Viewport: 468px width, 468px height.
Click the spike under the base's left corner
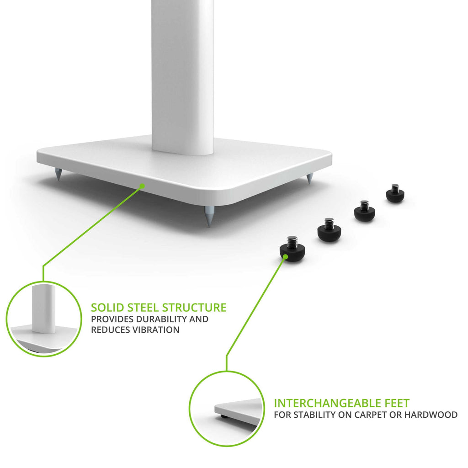click(58, 174)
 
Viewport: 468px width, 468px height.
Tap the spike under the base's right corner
click(309, 179)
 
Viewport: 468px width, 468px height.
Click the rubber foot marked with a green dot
click(292, 249)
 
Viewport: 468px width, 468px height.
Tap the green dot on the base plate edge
click(142, 186)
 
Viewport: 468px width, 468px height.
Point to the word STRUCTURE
click(194, 308)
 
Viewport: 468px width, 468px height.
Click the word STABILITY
click(315, 415)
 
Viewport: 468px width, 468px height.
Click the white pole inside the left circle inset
click(43, 309)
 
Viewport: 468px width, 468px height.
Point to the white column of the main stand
click(183, 76)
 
